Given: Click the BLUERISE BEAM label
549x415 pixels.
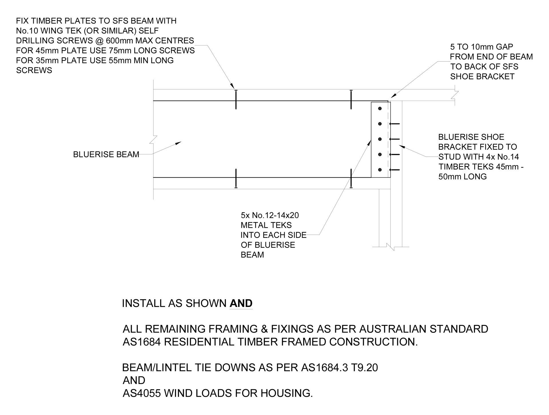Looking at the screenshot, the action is tap(106, 155).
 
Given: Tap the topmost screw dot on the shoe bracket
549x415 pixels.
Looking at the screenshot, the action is tap(380, 109).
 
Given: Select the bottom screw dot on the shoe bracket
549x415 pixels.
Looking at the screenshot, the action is tap(380, 170).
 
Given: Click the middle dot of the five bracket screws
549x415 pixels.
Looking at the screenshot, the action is tap(380, 139).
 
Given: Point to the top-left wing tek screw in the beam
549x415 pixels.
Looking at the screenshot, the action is tap(236, 99).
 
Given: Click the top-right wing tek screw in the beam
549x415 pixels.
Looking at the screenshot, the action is tap(351, 99).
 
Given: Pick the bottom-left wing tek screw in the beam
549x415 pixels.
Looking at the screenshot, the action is tap(236, 178).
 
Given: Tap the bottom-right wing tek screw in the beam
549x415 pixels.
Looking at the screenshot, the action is tap(351, 178).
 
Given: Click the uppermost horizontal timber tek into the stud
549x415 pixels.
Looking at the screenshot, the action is tap(394, 124).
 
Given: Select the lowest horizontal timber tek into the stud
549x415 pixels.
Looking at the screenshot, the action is tap(394, 170).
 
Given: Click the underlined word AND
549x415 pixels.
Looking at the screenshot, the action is tap(241, 303).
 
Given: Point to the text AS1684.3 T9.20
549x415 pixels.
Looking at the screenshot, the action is tap(339, 368).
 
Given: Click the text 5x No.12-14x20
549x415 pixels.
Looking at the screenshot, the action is tap(270, 215).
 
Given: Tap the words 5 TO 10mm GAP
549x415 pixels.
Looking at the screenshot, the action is tap(482, 47).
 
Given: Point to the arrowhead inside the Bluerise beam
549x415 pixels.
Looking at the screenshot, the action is tap(178, 143).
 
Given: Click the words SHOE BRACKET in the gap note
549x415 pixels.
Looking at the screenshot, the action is tap(482, 77).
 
